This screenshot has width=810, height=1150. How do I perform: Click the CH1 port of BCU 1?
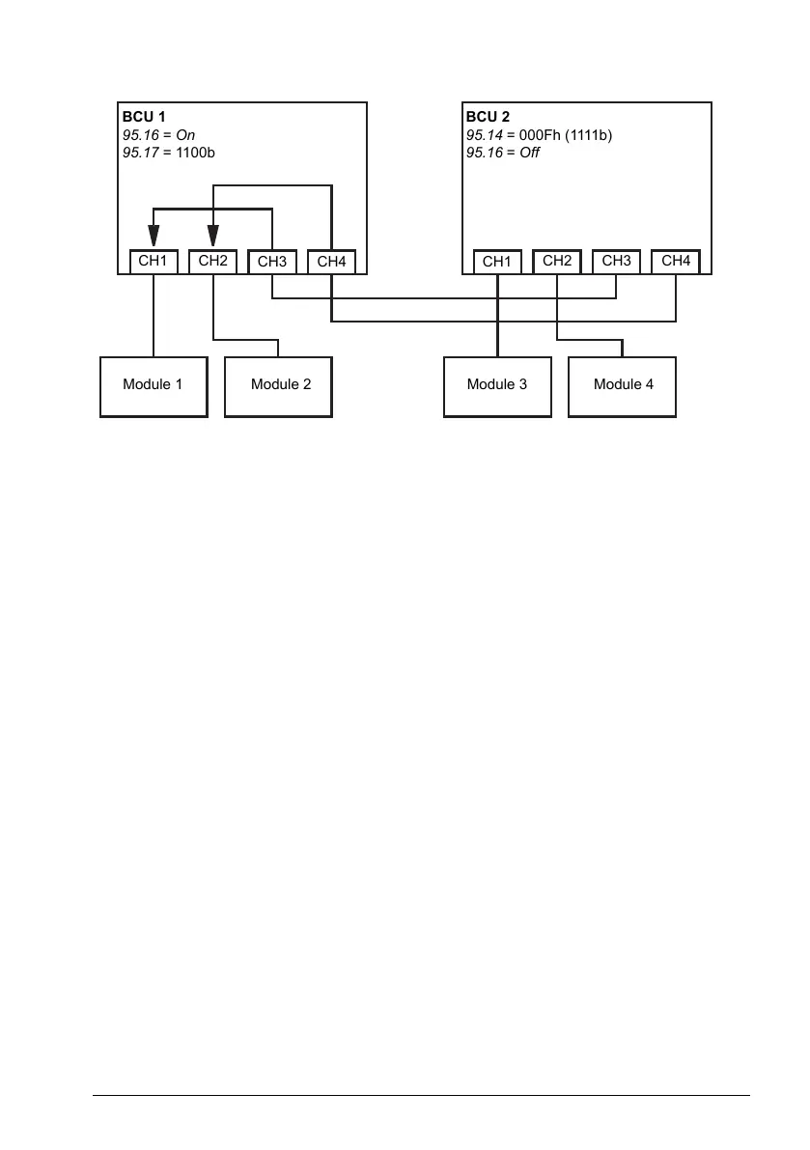pos(154,261)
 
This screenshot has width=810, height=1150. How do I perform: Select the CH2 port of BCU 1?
pos(212,261)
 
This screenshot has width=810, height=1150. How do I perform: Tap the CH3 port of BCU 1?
pos(272,262)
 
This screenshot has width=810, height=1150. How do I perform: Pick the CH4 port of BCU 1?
pos(331,262)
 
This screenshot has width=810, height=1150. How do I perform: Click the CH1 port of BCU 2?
pos(497,262)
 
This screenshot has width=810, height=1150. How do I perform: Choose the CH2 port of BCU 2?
pos(557,261)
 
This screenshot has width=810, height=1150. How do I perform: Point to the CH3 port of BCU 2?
pos(616,261)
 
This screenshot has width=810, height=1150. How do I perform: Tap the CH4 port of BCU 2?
pos(676,261)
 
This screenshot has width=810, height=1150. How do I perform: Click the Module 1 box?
pos(154,385)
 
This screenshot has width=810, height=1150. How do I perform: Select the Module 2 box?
pos(279,385)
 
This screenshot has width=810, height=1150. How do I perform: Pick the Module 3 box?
pos(497,385)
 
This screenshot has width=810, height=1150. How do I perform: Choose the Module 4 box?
pos(623,385)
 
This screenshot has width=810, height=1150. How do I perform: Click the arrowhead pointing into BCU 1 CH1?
pos(154,236)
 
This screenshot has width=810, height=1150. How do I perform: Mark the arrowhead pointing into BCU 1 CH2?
pos(213,236)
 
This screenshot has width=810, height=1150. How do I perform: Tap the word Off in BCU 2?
pos(529,153)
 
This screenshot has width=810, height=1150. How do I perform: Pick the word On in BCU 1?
pos(185,135)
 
